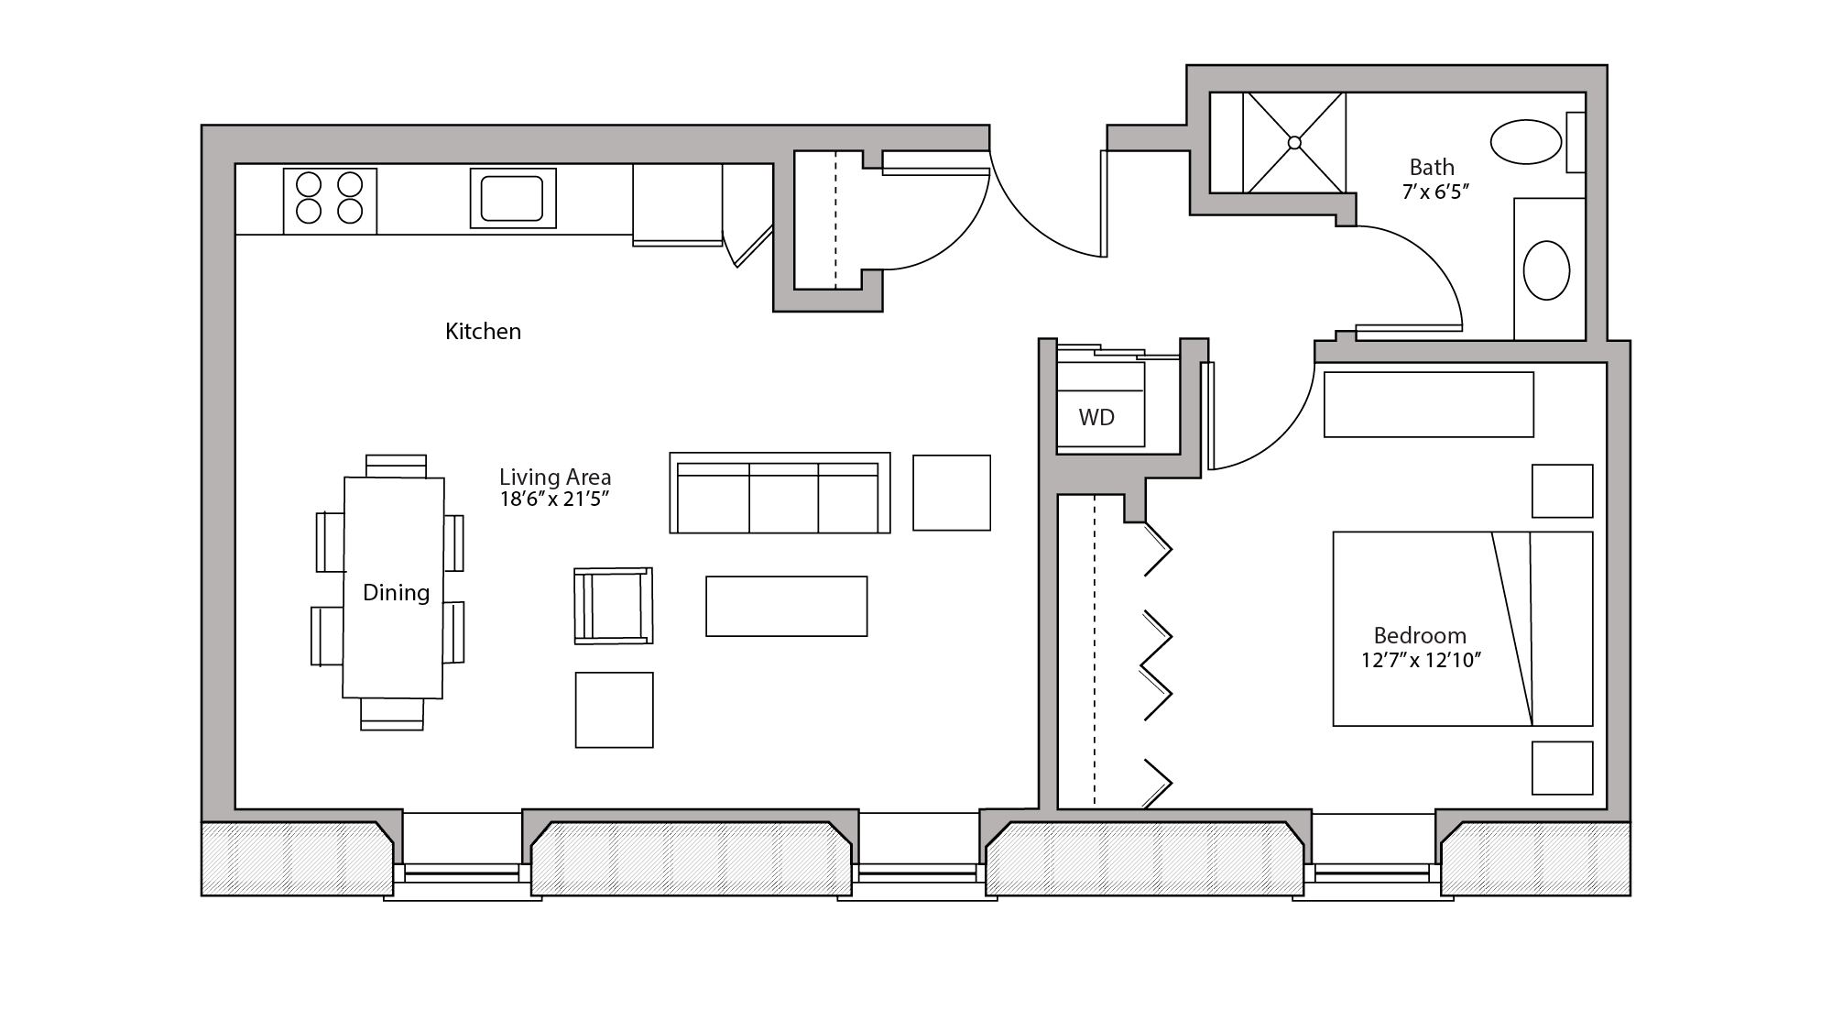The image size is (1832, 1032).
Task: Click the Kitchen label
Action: [x=483, y=331]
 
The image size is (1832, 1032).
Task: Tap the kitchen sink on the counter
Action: [x=513, y=198]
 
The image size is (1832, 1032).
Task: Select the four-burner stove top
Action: [x=330, y=199]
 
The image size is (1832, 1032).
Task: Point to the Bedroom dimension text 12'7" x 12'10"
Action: [x=1421, y=660]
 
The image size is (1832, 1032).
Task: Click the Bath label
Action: [x=1432, y=167]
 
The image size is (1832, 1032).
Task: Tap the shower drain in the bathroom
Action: [x=1294, y=143]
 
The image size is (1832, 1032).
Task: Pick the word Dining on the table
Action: [x=396, y=592]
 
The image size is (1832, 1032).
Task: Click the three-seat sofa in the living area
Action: [x=780, y=495]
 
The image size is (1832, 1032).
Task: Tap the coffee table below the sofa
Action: [x=786, y=606]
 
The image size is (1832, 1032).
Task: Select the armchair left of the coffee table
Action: [x=614, y=606]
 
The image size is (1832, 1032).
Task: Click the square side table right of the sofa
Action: [x=952, y=492]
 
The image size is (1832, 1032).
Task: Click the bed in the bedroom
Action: [x=1462, y=629]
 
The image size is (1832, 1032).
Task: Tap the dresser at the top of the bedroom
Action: [x=1428, y=404]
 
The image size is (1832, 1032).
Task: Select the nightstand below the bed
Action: [x=1562, y=768]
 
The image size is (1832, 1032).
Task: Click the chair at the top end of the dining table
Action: [x=396, y=466]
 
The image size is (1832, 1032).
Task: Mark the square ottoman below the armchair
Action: [x=614, y=709]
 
